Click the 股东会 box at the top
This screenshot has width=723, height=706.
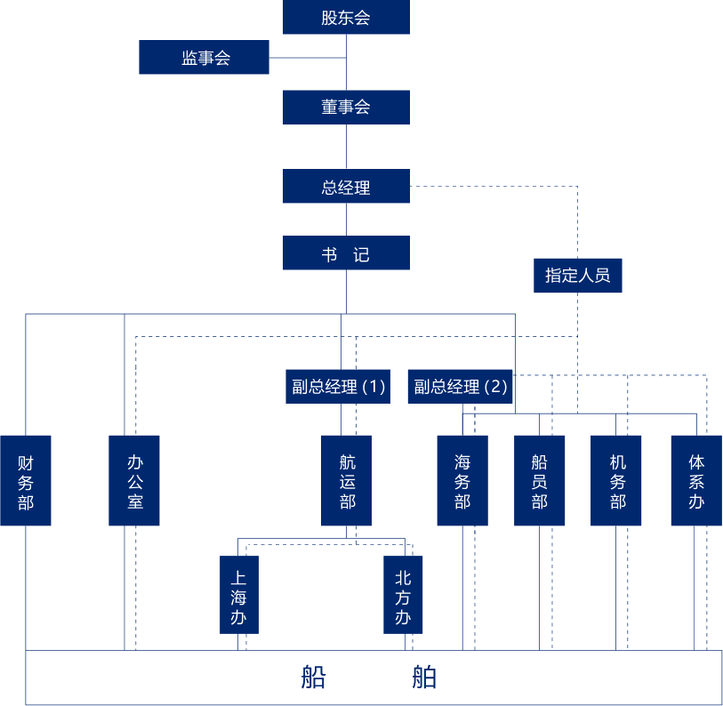coord(346,18)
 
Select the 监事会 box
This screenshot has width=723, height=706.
coord(204,58)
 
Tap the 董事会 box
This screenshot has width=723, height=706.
coord(346,108)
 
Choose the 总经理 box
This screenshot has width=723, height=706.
coord(346,187)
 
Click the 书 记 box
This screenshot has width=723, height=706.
coord(346,253)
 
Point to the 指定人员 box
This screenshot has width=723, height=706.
coord(577,276)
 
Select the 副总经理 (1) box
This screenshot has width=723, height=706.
coord(338,387)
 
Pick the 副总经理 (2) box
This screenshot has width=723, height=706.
coord(461,387)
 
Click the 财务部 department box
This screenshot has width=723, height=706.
coord(25,480)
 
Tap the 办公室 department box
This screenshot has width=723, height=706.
coord(134,480)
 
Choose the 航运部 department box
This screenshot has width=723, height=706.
coord(347,480)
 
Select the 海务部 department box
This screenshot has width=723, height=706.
coord(462,480)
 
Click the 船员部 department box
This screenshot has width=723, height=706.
coord(539,480)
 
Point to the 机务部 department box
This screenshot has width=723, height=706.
coord(616,480)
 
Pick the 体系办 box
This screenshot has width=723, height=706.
coord(696,480)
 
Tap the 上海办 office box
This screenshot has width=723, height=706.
coord(238,594)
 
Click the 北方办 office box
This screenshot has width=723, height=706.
coord(403,594)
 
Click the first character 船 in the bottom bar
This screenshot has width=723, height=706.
coord(313,678)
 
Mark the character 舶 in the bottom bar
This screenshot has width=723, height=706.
coord(424,678)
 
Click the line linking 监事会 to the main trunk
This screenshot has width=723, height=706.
coord(307,58)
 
